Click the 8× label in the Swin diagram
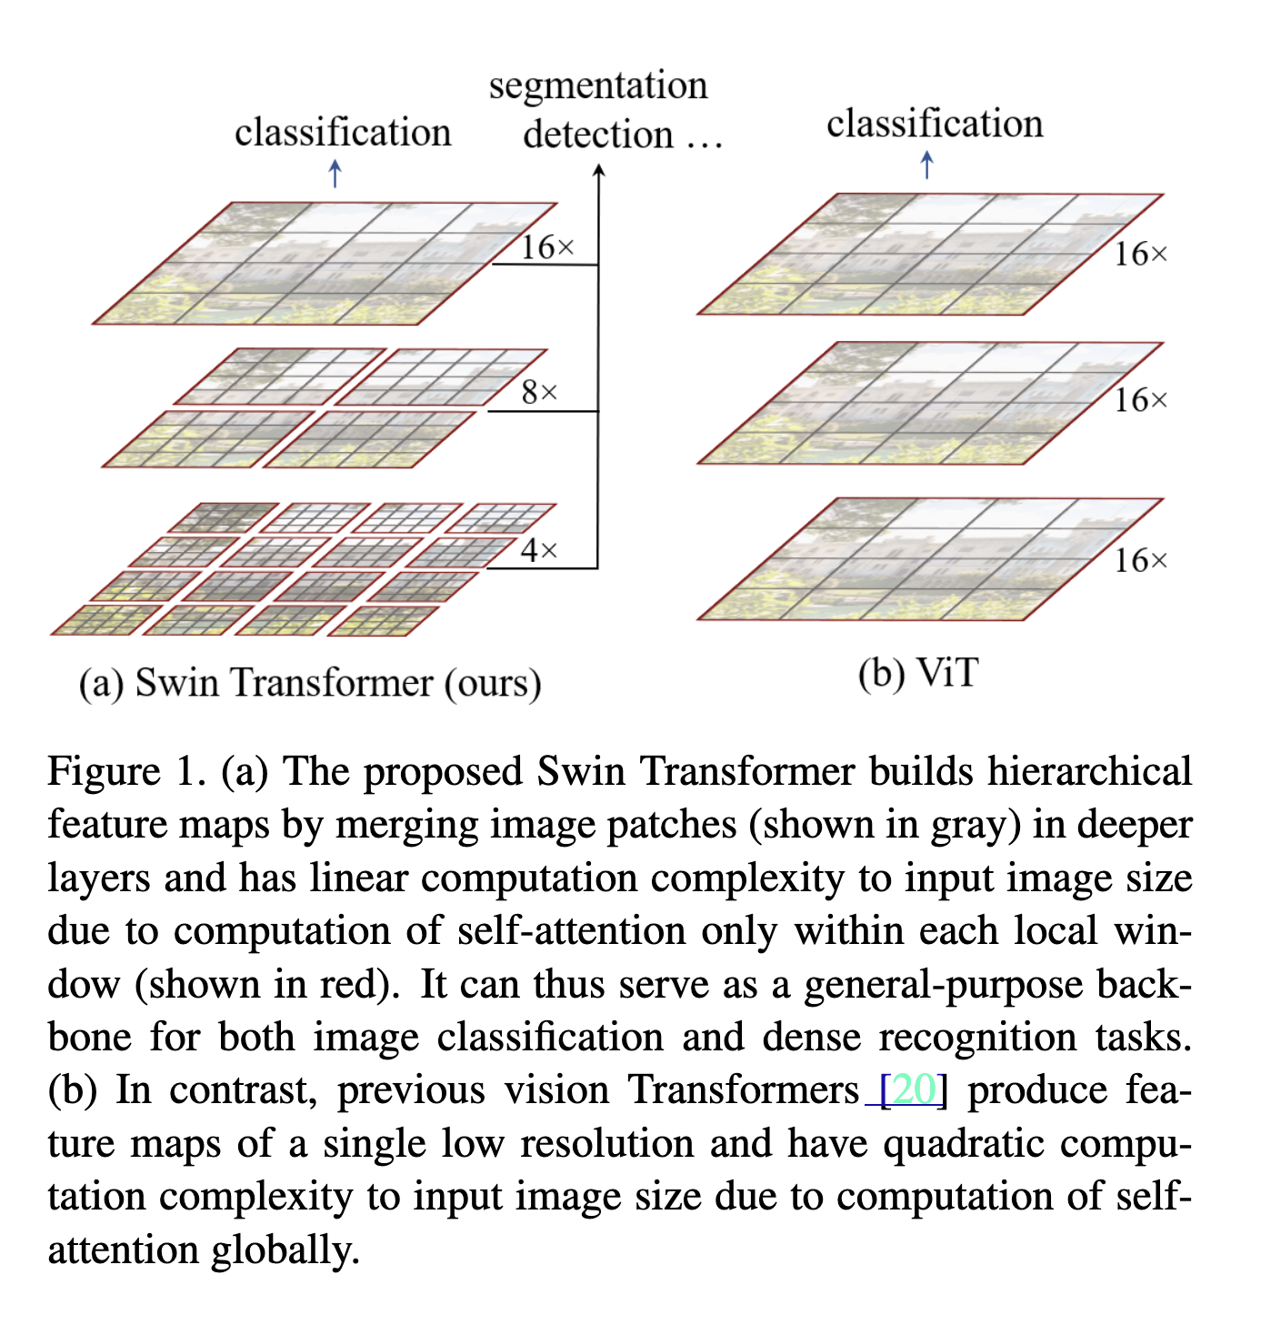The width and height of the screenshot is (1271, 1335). coord(539,392)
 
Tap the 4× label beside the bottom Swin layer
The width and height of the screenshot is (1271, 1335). coord(539,550)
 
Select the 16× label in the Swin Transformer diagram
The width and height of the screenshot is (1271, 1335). coord(547,247)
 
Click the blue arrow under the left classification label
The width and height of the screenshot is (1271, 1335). coord(335,173)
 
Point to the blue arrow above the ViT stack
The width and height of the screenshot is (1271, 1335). coord(926,165)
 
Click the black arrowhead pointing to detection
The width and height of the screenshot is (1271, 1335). coord(598,170)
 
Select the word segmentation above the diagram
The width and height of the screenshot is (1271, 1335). coord(598,86)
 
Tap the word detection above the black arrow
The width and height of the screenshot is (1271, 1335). coord(597,134)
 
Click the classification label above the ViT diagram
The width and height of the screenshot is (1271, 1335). coord(935,124)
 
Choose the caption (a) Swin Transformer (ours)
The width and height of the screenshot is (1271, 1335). coord(310,682)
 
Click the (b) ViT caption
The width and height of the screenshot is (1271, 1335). coord(918,674)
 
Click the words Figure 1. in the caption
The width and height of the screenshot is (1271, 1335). coord(127,772)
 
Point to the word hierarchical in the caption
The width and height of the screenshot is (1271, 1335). coord(1089,772)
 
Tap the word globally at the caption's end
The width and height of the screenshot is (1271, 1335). coord(285,1250)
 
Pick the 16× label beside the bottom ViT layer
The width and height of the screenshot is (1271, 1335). coord(1141,561)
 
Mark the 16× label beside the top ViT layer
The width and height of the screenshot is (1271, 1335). coord(1141,254)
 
